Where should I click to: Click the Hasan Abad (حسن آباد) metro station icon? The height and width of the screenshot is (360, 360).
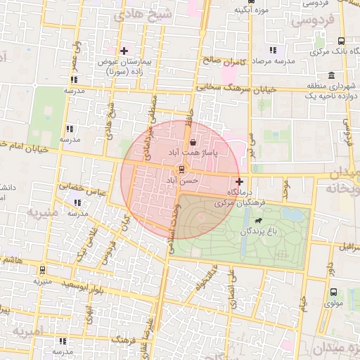182,169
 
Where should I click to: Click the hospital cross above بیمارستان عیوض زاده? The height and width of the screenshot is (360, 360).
124,50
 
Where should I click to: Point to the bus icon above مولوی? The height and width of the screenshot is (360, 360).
333,292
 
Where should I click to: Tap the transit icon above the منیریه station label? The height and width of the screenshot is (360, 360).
42,269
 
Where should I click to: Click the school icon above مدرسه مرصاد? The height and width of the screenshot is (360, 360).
273,50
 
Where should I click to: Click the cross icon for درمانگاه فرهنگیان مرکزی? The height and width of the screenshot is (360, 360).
239,181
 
